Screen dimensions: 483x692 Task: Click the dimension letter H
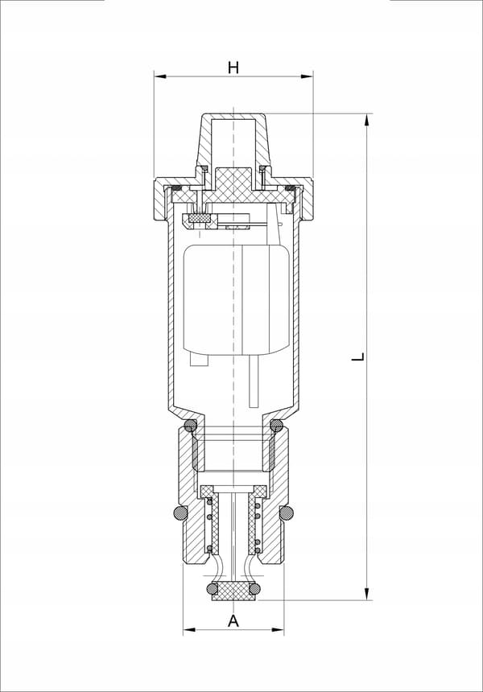point(233,68)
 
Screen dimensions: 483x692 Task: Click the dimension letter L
point(358,356)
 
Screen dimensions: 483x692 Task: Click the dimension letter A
point(233,620)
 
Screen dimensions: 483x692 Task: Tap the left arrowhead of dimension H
point(160,76)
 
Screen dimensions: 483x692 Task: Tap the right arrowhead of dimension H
point(308,76)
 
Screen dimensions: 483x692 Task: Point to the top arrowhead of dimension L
point(366,120)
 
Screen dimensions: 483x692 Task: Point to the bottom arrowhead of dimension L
point(366,594)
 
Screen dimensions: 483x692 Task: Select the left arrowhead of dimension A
point(189,629)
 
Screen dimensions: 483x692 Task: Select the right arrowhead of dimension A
point(279,629)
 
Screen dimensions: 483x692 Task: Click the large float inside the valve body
point(237,299)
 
